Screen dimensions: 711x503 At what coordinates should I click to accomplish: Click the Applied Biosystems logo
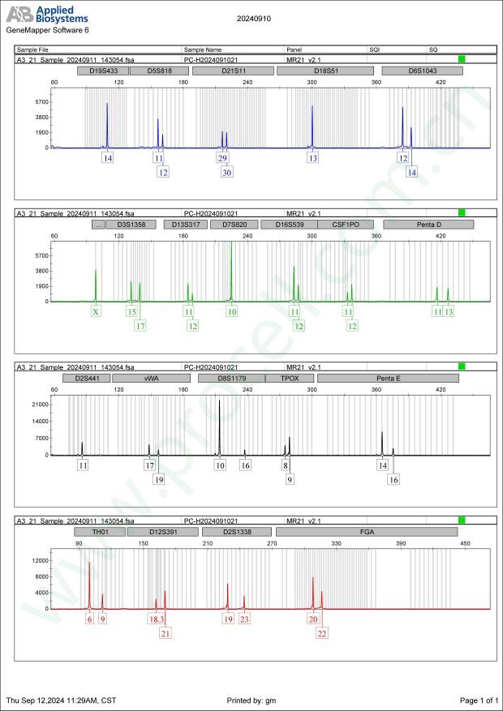point(48,14)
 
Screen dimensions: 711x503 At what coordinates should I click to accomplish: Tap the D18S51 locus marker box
point(325,71)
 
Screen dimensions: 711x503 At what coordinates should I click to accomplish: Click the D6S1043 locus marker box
point(422,71)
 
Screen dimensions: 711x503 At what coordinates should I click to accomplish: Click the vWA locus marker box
point(151,378)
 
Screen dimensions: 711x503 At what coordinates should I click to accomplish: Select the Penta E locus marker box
point(388,378)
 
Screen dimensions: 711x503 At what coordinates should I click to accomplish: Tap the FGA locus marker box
point(367,532)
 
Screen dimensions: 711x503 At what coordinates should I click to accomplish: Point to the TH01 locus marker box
point(99,532)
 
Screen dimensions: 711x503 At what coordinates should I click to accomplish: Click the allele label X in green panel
point(96,311)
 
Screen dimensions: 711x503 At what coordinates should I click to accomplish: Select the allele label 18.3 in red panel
point(157,619)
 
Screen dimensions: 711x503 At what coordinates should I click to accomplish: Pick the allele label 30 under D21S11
point(226,172)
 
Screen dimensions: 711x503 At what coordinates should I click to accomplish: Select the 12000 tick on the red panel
point(39,560)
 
